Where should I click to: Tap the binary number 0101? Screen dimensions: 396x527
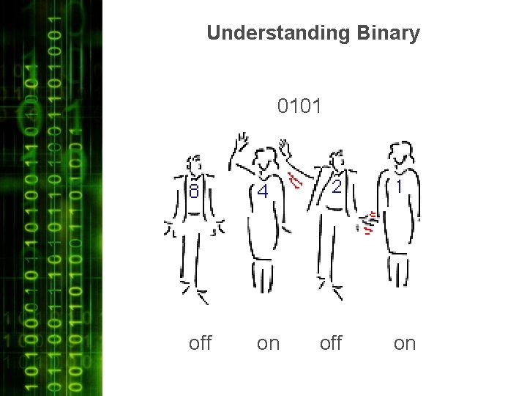pyautogui.click(x=299, y=107)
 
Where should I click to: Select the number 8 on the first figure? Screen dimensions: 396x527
pyautogui.click(x=194, y=192)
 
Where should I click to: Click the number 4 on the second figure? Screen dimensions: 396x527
pyautogui.click(x=262, y=192)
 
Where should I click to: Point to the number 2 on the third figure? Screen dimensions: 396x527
pyautogui.click(x=336, y=187)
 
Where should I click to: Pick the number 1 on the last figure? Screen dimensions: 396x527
pyautogui.click(x=399, y=187)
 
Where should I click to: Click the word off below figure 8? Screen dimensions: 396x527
pyautogui.click(x=200, y=342)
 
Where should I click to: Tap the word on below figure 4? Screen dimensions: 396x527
pyautogui.click(x=268, y=343)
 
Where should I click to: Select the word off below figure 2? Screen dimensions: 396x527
pyautogui.click(x=331, y=342)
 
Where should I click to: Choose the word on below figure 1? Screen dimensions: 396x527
pyautogui.click(x=405, y=343)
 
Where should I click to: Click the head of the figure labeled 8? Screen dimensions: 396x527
pyautogui.click(x=193, y=164)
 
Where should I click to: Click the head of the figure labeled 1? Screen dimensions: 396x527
pyautogui.click(x=400, y=153)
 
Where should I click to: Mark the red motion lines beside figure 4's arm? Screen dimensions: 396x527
pyautogui.click(x=295, y=180)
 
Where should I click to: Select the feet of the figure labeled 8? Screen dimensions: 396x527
pyautogui.click(x=194, y=292)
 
